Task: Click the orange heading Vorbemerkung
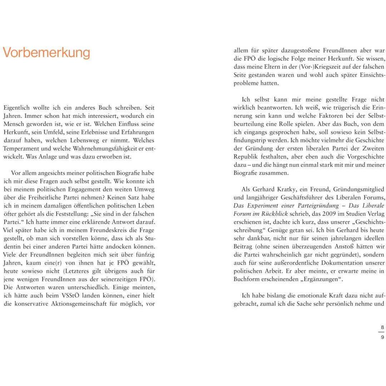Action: coord(46,53)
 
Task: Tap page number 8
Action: coord(382,327)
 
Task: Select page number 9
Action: coord(382,337)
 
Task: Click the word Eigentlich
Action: coord(17,107)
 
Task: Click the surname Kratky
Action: coord(289,189)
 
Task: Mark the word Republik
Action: coord(246,157)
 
